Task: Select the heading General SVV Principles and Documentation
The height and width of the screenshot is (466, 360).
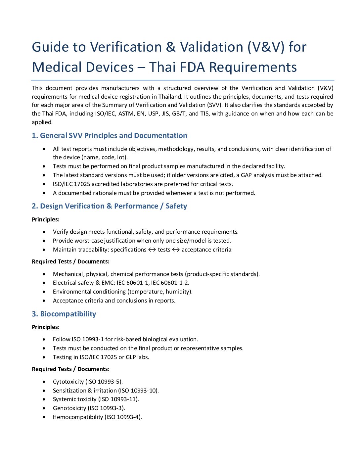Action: (113, 136)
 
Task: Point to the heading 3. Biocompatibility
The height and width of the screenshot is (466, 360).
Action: (64, 314)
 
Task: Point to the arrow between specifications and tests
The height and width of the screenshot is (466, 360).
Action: (152, 250)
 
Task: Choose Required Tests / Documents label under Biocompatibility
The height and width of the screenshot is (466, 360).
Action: (70, 369)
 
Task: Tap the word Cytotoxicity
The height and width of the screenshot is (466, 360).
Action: (68, 382)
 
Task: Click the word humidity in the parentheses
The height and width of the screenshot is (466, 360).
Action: (179, 292)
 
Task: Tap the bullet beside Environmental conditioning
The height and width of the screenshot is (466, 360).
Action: (44, 292)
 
